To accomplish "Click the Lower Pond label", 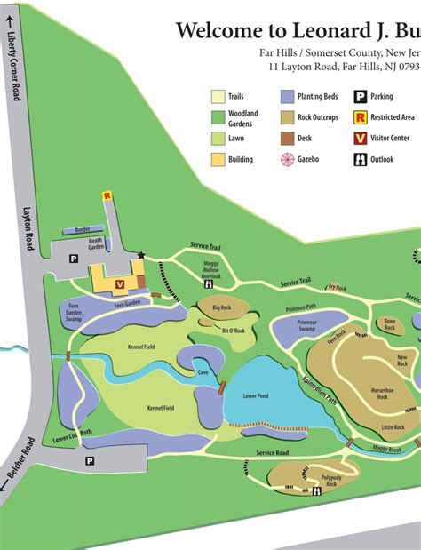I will click(x=256, y=396).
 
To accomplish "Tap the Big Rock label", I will click(x=221, y=308).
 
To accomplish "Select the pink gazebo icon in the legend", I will click(x=287, y=159).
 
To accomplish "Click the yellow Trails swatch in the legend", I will click(x=218, y=96).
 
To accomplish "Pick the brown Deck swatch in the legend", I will click(x=287, y=139).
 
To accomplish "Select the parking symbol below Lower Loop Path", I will click(x=89, y=461).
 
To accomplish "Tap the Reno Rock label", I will click(x=388, y=324).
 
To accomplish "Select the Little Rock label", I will click(x=393, y=427).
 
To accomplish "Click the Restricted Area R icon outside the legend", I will click(x=107, y=195).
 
